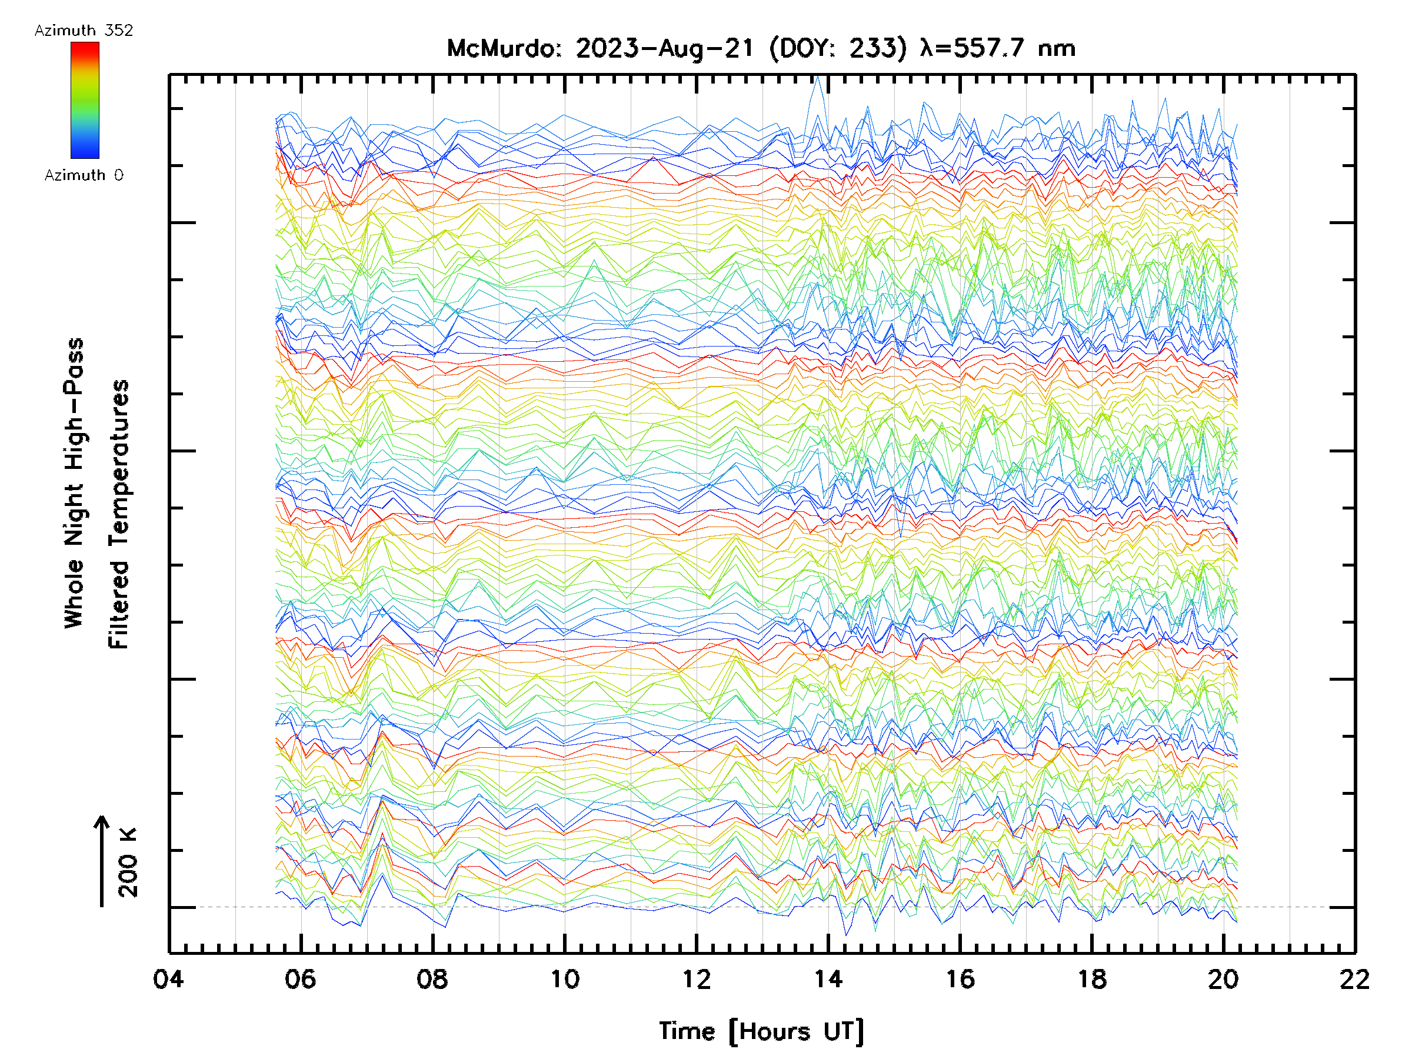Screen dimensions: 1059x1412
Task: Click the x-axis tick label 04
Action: click(168, 978)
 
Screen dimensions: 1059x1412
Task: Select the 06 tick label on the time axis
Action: click(300, 978)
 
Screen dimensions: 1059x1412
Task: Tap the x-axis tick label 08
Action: click(432, 978)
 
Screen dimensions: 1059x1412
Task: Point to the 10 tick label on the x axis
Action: click(564, 978)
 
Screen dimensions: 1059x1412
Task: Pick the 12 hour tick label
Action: click(696, 978)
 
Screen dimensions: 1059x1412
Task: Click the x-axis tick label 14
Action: click(828, 978)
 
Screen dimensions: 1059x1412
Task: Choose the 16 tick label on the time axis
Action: click(960, 978)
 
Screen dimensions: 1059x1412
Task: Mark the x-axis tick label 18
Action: click(1091, 978)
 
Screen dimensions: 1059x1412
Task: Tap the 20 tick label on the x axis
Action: click(1223, 978)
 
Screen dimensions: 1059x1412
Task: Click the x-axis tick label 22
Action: click(1354, 978)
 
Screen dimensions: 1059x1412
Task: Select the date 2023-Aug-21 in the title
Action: click(664, 48)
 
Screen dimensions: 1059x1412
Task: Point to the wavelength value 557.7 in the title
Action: click(990, 48)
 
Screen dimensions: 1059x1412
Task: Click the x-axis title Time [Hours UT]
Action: click(761, 1031)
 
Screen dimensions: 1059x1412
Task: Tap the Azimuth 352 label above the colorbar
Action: click(84, 31)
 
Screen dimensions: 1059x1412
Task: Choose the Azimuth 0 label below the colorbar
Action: click(84, 175)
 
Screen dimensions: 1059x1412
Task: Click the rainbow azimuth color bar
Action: click(85, 100)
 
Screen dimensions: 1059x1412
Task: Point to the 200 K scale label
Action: click(128, 862)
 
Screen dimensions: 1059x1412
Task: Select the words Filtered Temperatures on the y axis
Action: click(119, 514)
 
